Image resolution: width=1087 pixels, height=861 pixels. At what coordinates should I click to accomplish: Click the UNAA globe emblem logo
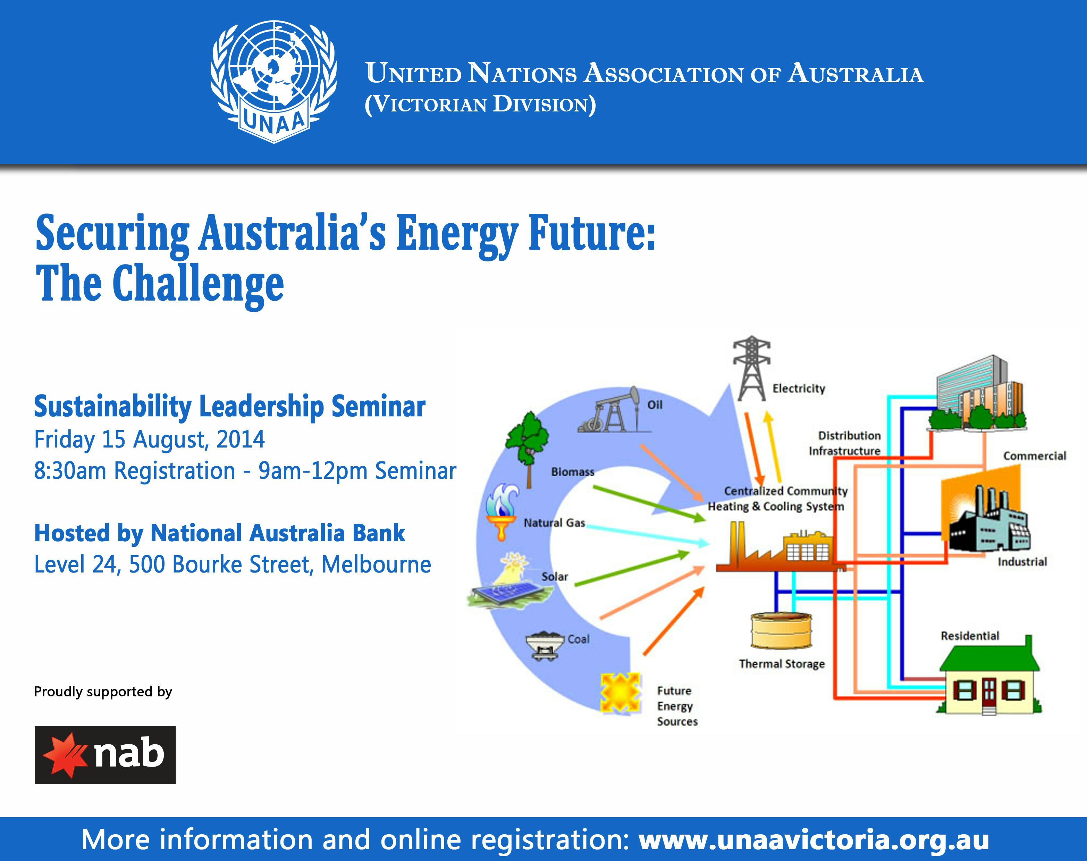coord(273,81)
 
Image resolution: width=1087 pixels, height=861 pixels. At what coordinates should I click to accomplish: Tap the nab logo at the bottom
coord(105,755)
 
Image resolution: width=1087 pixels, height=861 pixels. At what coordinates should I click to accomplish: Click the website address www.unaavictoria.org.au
coord(814,839)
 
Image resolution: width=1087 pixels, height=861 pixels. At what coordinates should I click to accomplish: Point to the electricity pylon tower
coord(751,368)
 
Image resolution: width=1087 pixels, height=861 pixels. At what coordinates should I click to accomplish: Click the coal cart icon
coord(544,645)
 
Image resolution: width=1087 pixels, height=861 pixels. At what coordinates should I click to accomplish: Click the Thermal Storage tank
coord(781,630)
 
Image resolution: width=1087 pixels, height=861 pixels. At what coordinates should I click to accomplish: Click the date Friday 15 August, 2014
coord(149,440)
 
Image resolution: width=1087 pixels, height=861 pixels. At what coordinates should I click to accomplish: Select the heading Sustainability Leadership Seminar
coord(229,407)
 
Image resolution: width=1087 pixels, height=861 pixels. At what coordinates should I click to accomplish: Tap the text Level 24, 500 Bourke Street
coord(232,565)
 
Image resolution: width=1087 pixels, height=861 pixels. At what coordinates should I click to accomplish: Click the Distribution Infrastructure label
coord(845,443)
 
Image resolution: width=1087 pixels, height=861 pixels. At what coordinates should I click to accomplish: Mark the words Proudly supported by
coord(103,692)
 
